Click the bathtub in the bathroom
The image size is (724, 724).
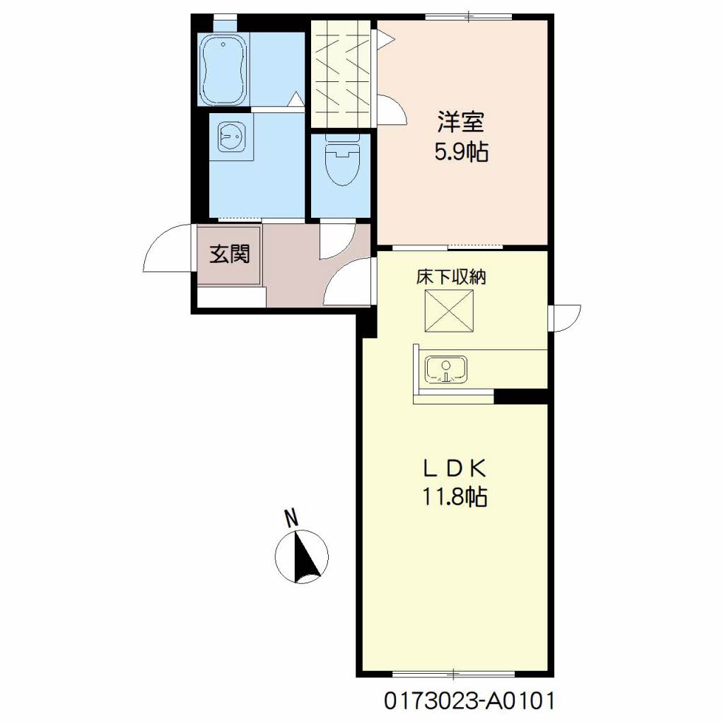[224, 69]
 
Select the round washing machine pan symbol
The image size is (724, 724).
[231, 136]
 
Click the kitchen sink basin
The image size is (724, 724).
[446, 369]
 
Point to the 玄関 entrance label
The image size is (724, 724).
[230, 254]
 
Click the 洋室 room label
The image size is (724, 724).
[461, 122]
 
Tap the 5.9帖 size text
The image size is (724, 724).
[461, 151]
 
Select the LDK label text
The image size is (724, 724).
[455, 469]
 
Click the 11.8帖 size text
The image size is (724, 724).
[455, 497]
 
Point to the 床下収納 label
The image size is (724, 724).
[451, 277]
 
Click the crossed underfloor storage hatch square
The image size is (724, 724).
[449, 311]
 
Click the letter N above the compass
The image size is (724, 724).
[291, 518]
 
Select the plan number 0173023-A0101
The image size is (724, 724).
[469, 701]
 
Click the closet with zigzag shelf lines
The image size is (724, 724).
[341, 74]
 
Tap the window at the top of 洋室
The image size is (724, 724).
[468, 17]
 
